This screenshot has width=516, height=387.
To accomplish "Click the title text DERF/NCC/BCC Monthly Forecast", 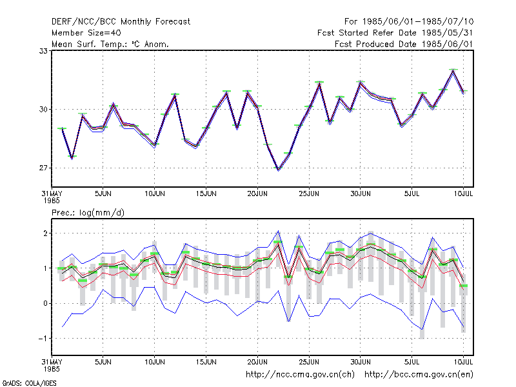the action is click(x=121, y=22).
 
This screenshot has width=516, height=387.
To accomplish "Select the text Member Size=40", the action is click(x=86, y=33).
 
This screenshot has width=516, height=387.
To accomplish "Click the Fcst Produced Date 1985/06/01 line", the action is click(x=404, y=44).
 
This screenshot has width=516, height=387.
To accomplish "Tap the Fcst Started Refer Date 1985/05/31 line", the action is click(x=395, y=33).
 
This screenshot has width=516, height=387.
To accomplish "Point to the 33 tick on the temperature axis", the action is click(x=43, y=51).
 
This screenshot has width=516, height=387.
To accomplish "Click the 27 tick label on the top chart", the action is click(x=43, y=168).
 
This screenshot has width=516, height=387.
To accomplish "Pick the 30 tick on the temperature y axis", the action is click(x=43, y=109).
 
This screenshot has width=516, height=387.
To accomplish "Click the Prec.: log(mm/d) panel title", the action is click(x=88, y=213).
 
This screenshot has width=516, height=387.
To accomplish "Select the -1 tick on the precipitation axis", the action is click(x=43, y=339).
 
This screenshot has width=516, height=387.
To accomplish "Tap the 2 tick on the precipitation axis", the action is click(x=45, y=233).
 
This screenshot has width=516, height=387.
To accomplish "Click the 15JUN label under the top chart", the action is click(x=206, y=194).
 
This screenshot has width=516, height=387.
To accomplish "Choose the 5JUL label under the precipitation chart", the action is click(x=412, y=362).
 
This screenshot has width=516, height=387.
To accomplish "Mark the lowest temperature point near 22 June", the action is click(x=279, y=169).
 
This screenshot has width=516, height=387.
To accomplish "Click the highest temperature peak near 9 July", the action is click(x=453, y=70).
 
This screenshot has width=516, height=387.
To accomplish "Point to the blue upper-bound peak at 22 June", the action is click(x=279, y=231).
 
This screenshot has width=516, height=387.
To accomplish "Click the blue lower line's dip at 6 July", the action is click(x=422, y=330).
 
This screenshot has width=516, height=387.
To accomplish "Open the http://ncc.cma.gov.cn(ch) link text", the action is click(x=300, y=375).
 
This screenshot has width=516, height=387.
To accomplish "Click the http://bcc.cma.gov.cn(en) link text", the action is click(x=419, y=375).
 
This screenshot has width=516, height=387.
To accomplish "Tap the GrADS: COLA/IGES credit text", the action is click(x=29, y=383).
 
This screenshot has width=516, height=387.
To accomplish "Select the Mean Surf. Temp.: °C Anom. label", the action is click(x=110, y=44).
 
